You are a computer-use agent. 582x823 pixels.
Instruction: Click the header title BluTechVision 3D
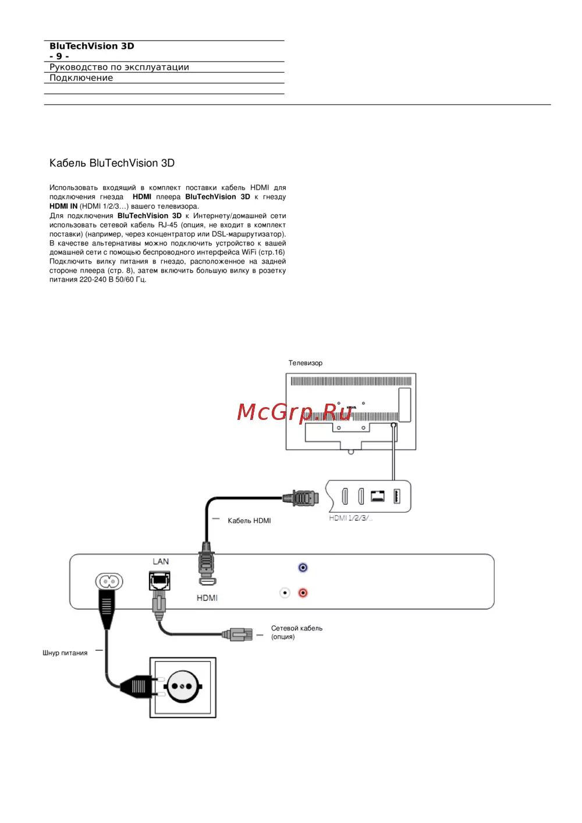92,46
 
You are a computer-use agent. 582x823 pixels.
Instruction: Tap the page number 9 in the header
59,56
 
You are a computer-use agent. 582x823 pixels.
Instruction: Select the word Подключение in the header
81,78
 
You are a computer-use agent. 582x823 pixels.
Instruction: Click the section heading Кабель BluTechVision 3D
112,163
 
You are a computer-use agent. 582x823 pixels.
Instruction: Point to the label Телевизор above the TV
305,363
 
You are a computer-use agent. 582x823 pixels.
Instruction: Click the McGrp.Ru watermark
294,412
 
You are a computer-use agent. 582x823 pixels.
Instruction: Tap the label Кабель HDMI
249,521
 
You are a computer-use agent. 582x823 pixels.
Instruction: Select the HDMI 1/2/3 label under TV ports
350,518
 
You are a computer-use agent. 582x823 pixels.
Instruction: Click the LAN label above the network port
161,561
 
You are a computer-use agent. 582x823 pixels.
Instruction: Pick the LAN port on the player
159,580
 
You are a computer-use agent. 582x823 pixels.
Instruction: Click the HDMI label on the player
207,598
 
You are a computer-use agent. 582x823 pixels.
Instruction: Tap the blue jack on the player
303,567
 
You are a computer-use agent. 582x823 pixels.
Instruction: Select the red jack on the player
303,593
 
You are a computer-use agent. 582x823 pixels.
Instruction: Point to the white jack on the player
285,593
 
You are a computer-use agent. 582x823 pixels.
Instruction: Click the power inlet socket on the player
109,581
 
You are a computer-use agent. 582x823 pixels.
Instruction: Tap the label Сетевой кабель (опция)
296,632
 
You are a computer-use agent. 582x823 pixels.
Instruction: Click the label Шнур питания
65,653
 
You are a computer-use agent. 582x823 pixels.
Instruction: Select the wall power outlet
183,687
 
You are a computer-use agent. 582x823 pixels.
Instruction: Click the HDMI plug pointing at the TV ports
301,498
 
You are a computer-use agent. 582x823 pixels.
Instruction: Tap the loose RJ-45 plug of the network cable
240,634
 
